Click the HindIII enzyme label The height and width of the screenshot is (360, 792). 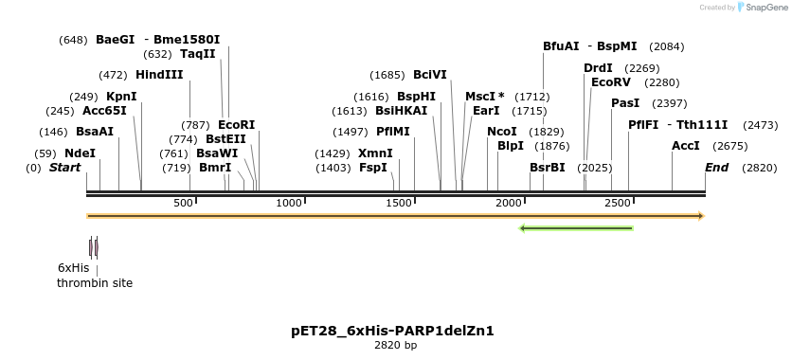[x=159, y=75]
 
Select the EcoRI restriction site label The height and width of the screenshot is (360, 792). [x=236, y=125]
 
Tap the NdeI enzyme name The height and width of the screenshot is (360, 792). [x=80, y=153]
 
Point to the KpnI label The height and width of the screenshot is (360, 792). [x=121, y=97]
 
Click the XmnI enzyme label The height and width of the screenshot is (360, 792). [x=375, y=153]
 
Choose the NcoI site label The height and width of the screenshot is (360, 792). [x=502, y=132]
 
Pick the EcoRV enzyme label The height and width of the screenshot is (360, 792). [x=610, y=82]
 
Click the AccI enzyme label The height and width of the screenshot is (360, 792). [x=685, y=146]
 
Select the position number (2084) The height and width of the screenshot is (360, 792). [x=667, y=46]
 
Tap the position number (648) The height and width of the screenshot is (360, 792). [x=73, y=40]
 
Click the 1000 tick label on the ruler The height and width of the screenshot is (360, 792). [x=289, y=203]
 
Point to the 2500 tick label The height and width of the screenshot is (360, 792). [x=618, y=203]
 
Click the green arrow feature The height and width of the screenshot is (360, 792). [x=576, y=228]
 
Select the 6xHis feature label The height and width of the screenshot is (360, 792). [x=73, y=268]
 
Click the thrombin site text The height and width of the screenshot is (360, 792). [x=95, y=283]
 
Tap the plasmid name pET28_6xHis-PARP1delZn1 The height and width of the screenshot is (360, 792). [x=392, y=331]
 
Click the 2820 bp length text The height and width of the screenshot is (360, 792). [x=395, y=346]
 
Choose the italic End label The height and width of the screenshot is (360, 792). [x=716, y=168]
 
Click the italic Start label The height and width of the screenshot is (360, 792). [x=64, y=168]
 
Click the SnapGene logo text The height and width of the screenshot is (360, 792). [x=765, y=8]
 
